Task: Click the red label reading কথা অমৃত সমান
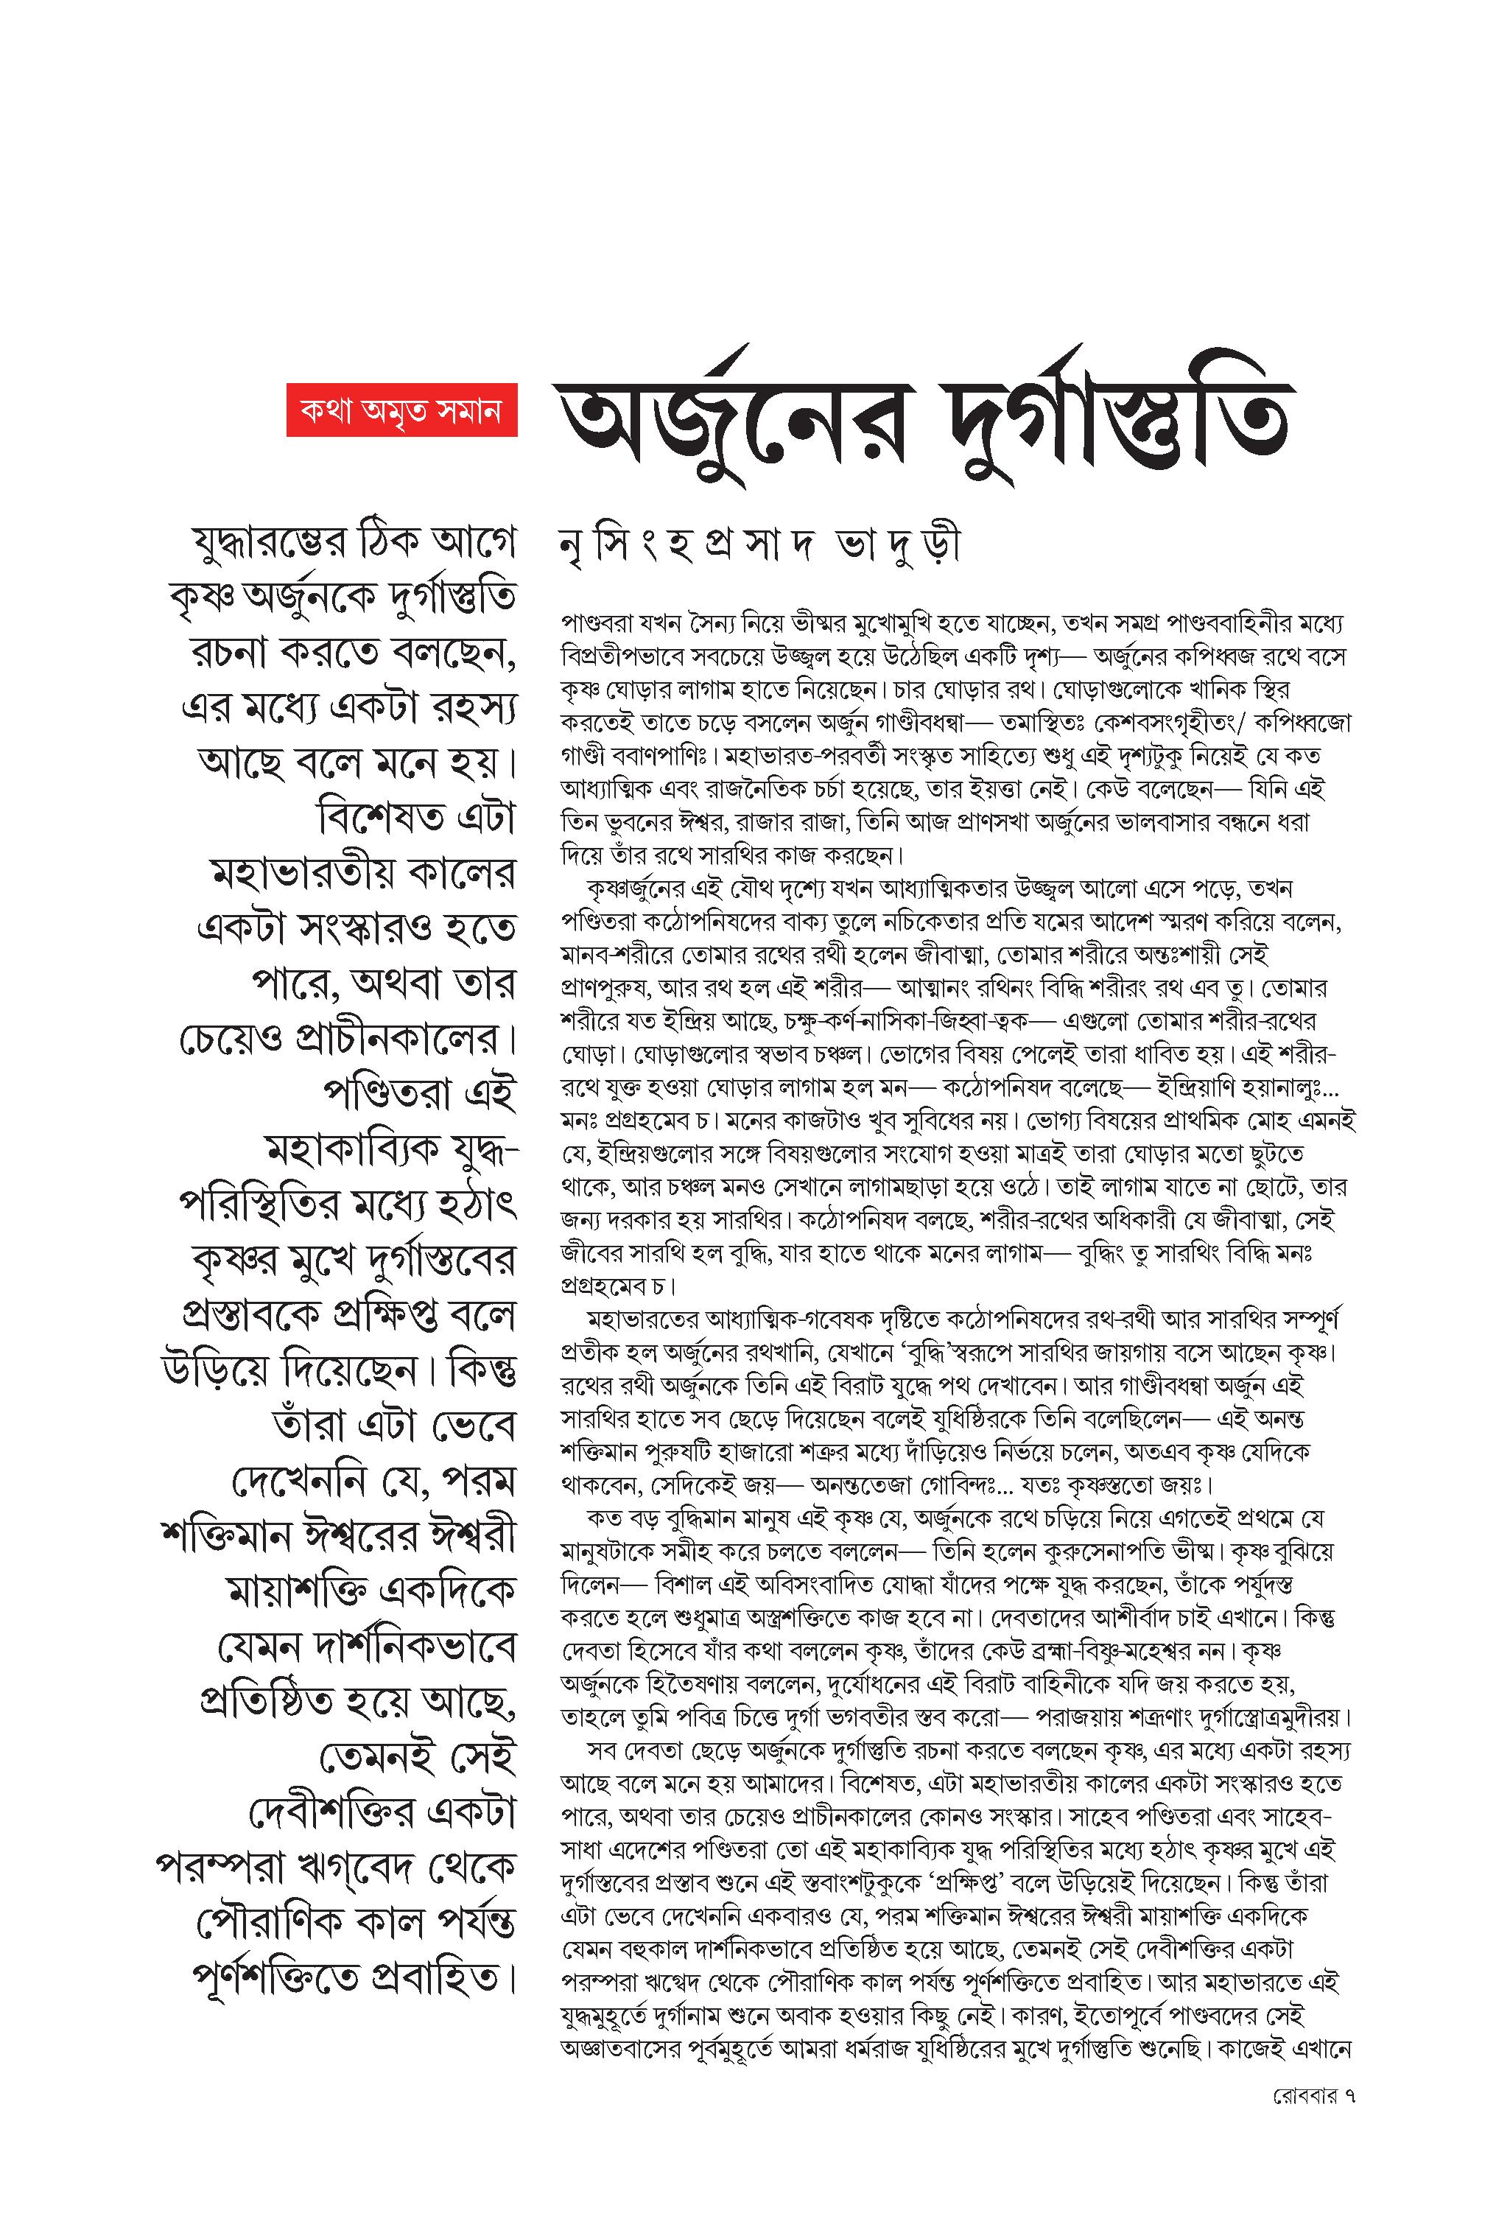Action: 401,410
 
